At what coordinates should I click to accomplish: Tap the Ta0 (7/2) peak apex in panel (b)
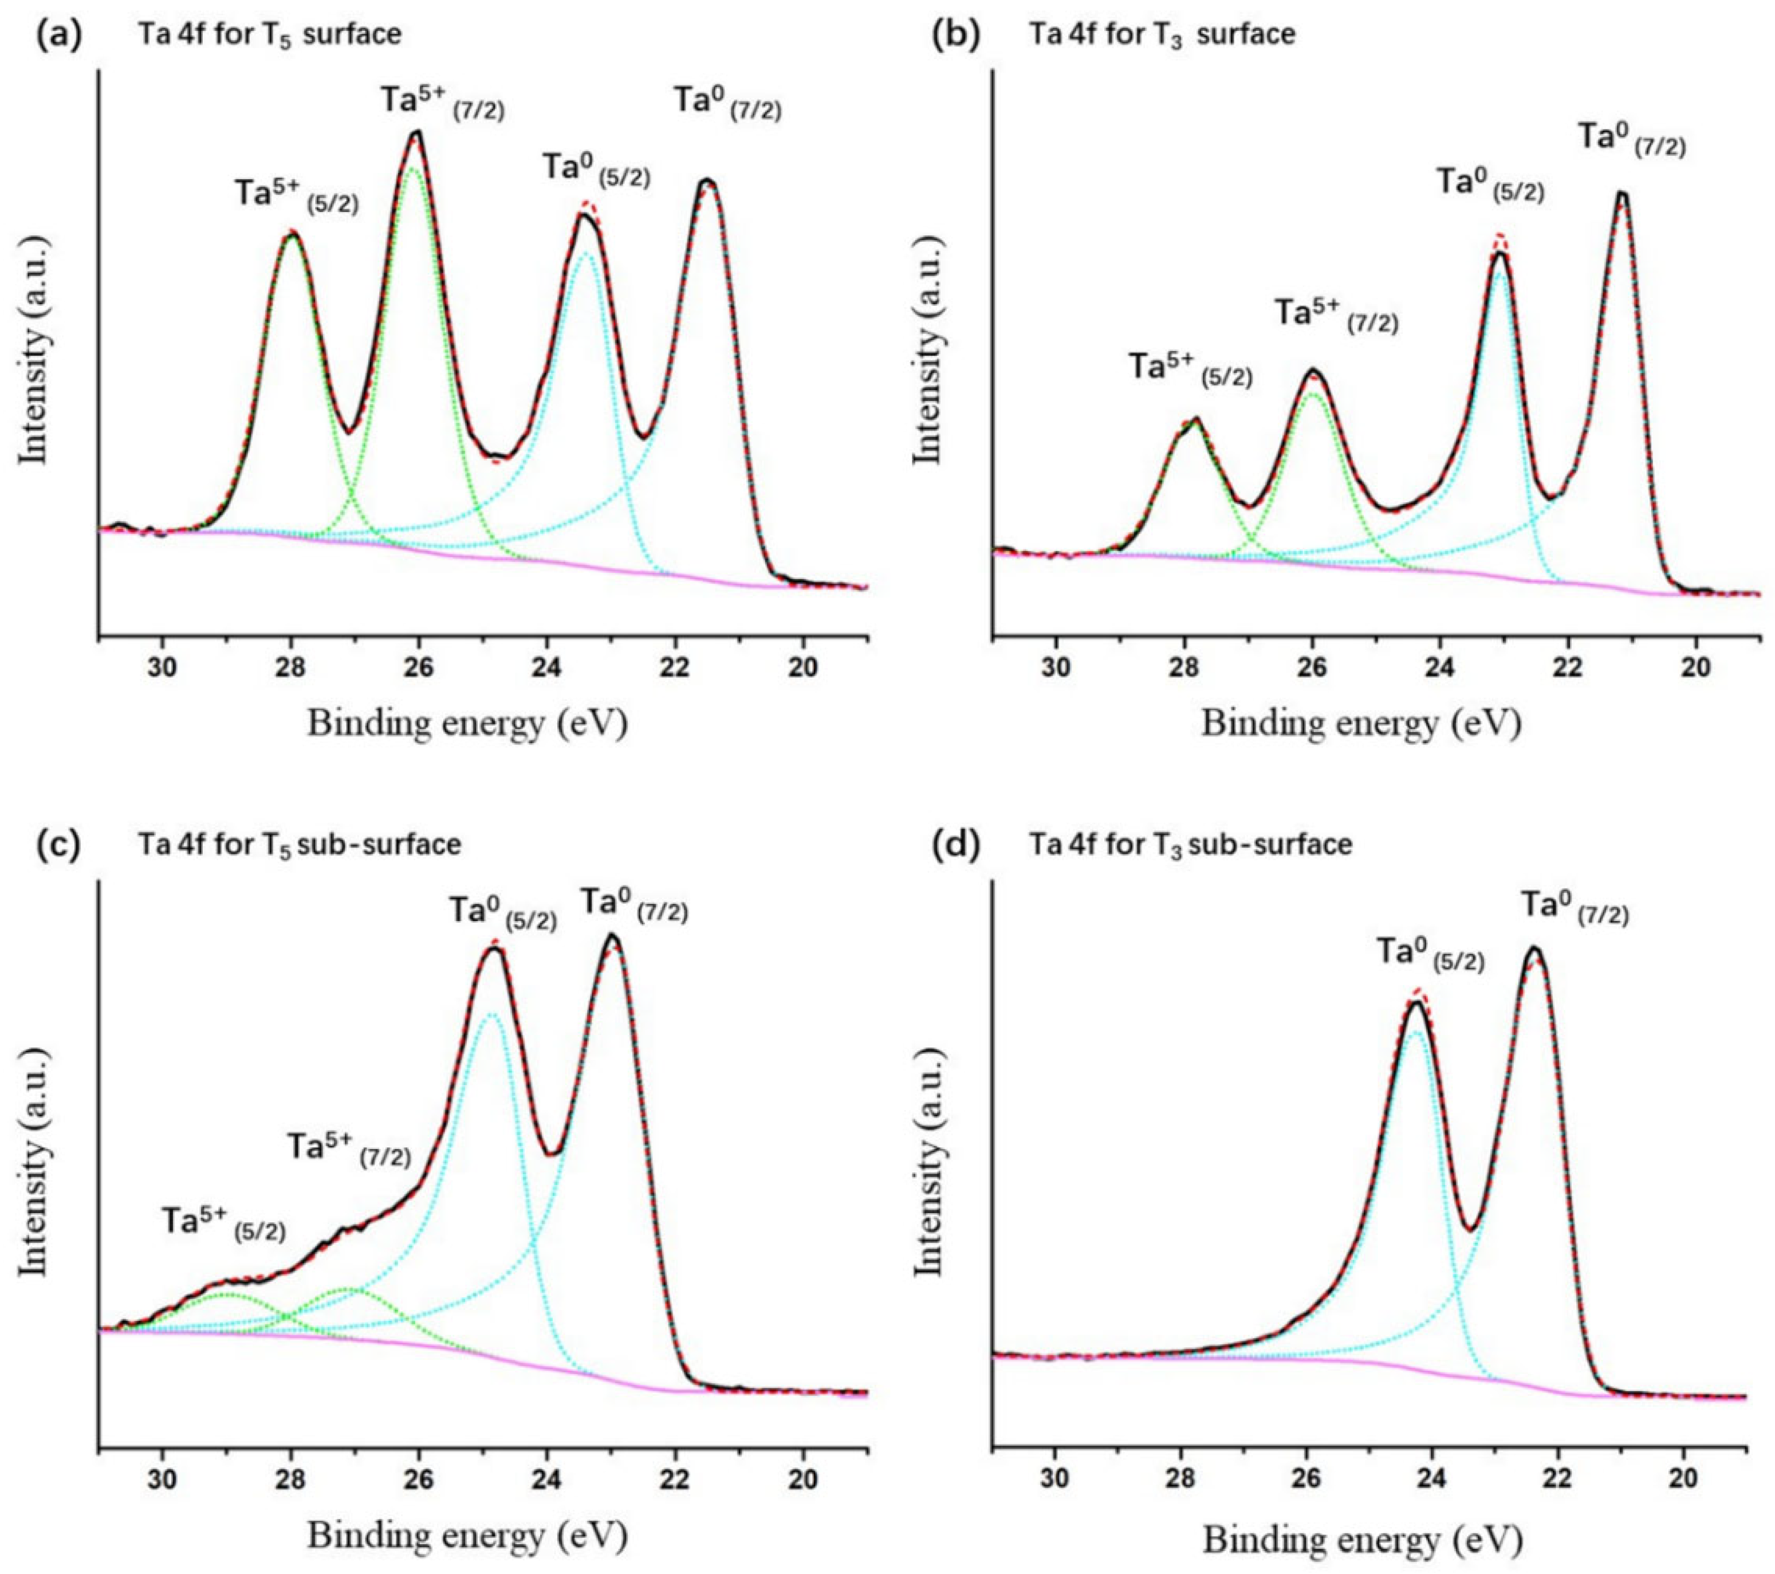1620,194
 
